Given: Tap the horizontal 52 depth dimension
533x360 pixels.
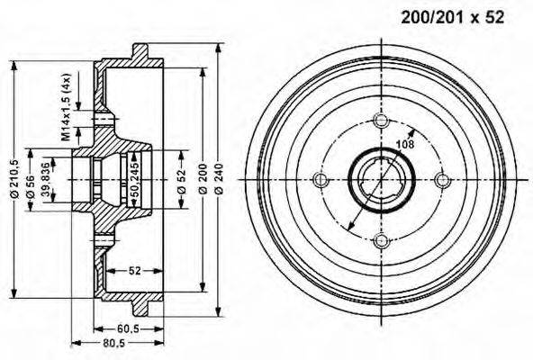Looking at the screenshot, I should pyautogui.click(x=134, y=269).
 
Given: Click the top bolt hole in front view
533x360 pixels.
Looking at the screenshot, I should pyautogui.click(x=380, y=121).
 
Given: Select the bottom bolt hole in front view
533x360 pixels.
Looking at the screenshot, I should pyautogui.click(x=380, y=238).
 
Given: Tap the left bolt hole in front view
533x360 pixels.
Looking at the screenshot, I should pyautogui.click(x=321, y=179).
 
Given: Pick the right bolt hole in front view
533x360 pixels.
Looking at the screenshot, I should pyautogui.click(x=439, y=179).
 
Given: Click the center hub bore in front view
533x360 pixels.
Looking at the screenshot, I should pyautogui.click(x=380, y=179).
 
